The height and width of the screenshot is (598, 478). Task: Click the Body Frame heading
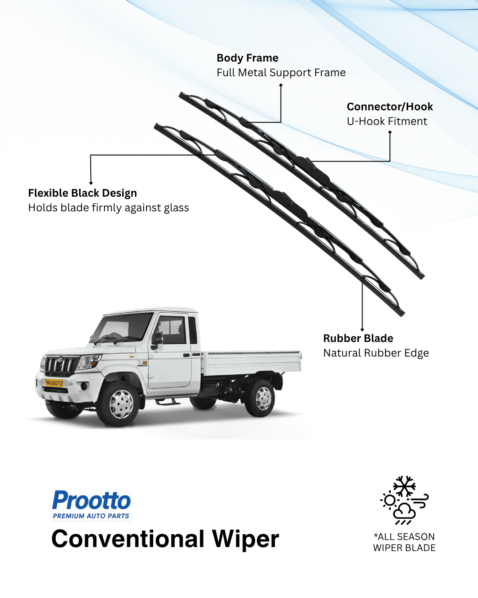coord(247,58)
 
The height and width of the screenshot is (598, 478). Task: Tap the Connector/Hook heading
coord(389,107)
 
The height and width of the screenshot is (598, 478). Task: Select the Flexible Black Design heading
coord(82,193)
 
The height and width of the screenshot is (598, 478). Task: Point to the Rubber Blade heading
coord(358,338)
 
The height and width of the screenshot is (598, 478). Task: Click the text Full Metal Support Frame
coord(281,73)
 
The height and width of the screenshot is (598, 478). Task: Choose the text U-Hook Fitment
coord(387,121)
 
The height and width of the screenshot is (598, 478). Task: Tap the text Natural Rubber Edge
coord(376,353)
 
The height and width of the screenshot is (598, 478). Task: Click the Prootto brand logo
coord(92,501)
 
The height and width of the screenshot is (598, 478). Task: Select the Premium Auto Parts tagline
coord(91,516)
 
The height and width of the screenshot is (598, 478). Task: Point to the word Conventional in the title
coord(128,539)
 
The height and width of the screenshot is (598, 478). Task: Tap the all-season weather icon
coord(404,500)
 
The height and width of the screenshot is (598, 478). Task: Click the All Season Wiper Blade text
coord(404,542)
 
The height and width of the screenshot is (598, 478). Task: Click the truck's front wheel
coord(120,404)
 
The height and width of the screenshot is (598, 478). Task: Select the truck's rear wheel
coord(262,398)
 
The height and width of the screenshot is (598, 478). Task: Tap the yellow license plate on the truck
coord(54,383)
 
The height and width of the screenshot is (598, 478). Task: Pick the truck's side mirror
coord(157,339)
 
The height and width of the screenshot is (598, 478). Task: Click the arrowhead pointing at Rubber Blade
coord(362,330)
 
